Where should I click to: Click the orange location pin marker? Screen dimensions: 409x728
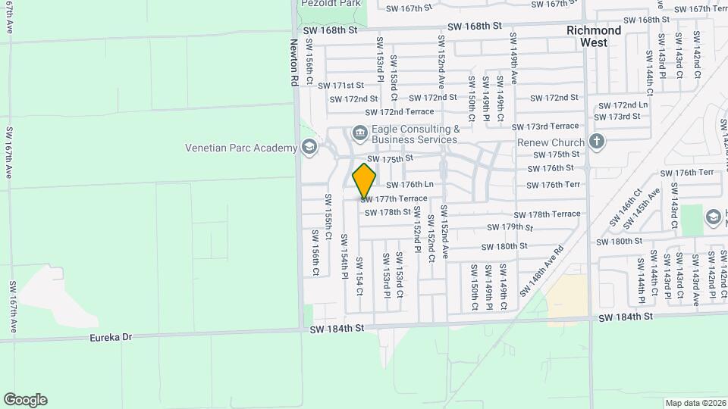(365, 180)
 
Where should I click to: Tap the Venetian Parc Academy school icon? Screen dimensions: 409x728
(309, 147)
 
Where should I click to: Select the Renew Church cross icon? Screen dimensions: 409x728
(597, 142)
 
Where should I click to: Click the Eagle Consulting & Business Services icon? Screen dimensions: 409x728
(359, 134)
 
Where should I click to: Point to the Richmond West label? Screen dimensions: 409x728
(594, 36)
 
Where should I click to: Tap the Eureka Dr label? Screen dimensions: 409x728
(111, 336)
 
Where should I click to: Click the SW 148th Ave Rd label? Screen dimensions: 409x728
(542, 270)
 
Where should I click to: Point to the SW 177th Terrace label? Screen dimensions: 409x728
(394, 198)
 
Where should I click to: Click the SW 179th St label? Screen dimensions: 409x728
(511, 227)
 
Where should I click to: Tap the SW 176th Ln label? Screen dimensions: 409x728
(409, 185)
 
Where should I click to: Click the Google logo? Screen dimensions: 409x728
(25, 400)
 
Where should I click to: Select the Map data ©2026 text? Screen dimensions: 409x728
(695, 403)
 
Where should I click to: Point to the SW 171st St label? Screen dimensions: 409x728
(341, 86)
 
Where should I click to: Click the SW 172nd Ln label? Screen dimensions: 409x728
(623, 105)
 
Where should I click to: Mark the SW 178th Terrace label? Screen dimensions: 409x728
(546, 214)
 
